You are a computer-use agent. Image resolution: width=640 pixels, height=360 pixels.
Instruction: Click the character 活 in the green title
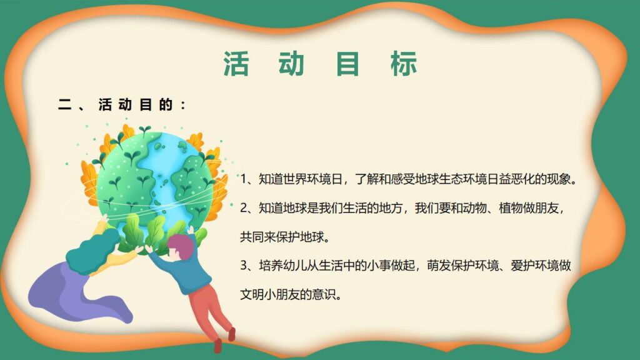coord(236,64)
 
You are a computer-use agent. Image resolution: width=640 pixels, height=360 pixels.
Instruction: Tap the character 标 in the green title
coord(404,64)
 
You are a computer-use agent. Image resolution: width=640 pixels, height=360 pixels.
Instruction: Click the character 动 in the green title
coord(292,64)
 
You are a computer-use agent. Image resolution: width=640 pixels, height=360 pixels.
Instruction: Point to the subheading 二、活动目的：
coord(122,105)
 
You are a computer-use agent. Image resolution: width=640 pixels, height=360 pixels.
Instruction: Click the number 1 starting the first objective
coord(244,180)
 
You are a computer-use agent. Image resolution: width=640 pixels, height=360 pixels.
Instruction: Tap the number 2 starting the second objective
coord(244,207)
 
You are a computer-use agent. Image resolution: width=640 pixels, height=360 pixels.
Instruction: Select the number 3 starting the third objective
coord(244,266)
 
